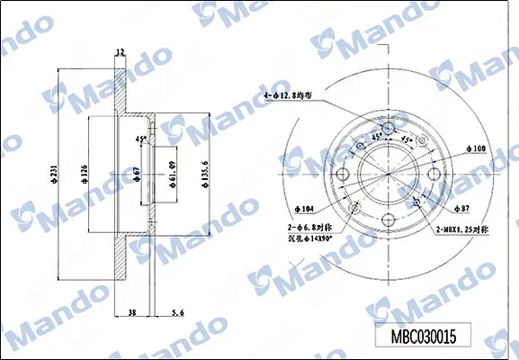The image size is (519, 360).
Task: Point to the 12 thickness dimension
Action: (120, 53)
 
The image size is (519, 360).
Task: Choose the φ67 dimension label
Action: (135, 174)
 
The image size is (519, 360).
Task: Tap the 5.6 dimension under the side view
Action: (177, 312)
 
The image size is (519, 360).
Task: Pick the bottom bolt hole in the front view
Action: (389, 219)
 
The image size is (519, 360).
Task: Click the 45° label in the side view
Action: (140, 139)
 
